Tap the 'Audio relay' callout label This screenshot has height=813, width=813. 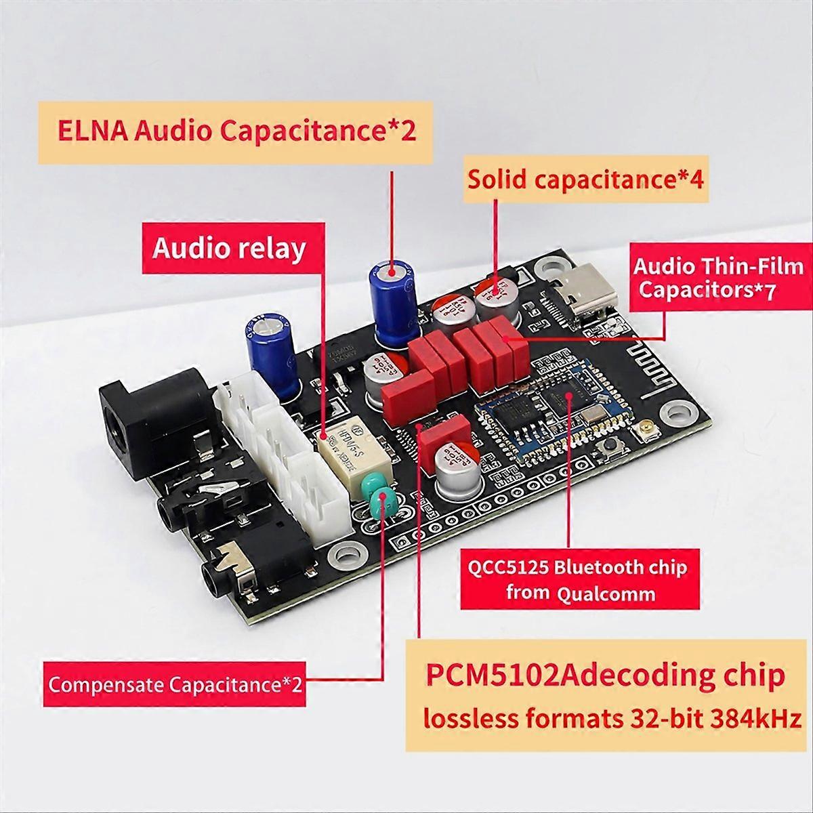coord(229,248)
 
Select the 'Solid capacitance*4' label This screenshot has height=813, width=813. coord(585,180)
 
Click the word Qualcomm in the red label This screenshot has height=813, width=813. coord(606,594)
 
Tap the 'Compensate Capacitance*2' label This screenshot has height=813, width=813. coord(175,684)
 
